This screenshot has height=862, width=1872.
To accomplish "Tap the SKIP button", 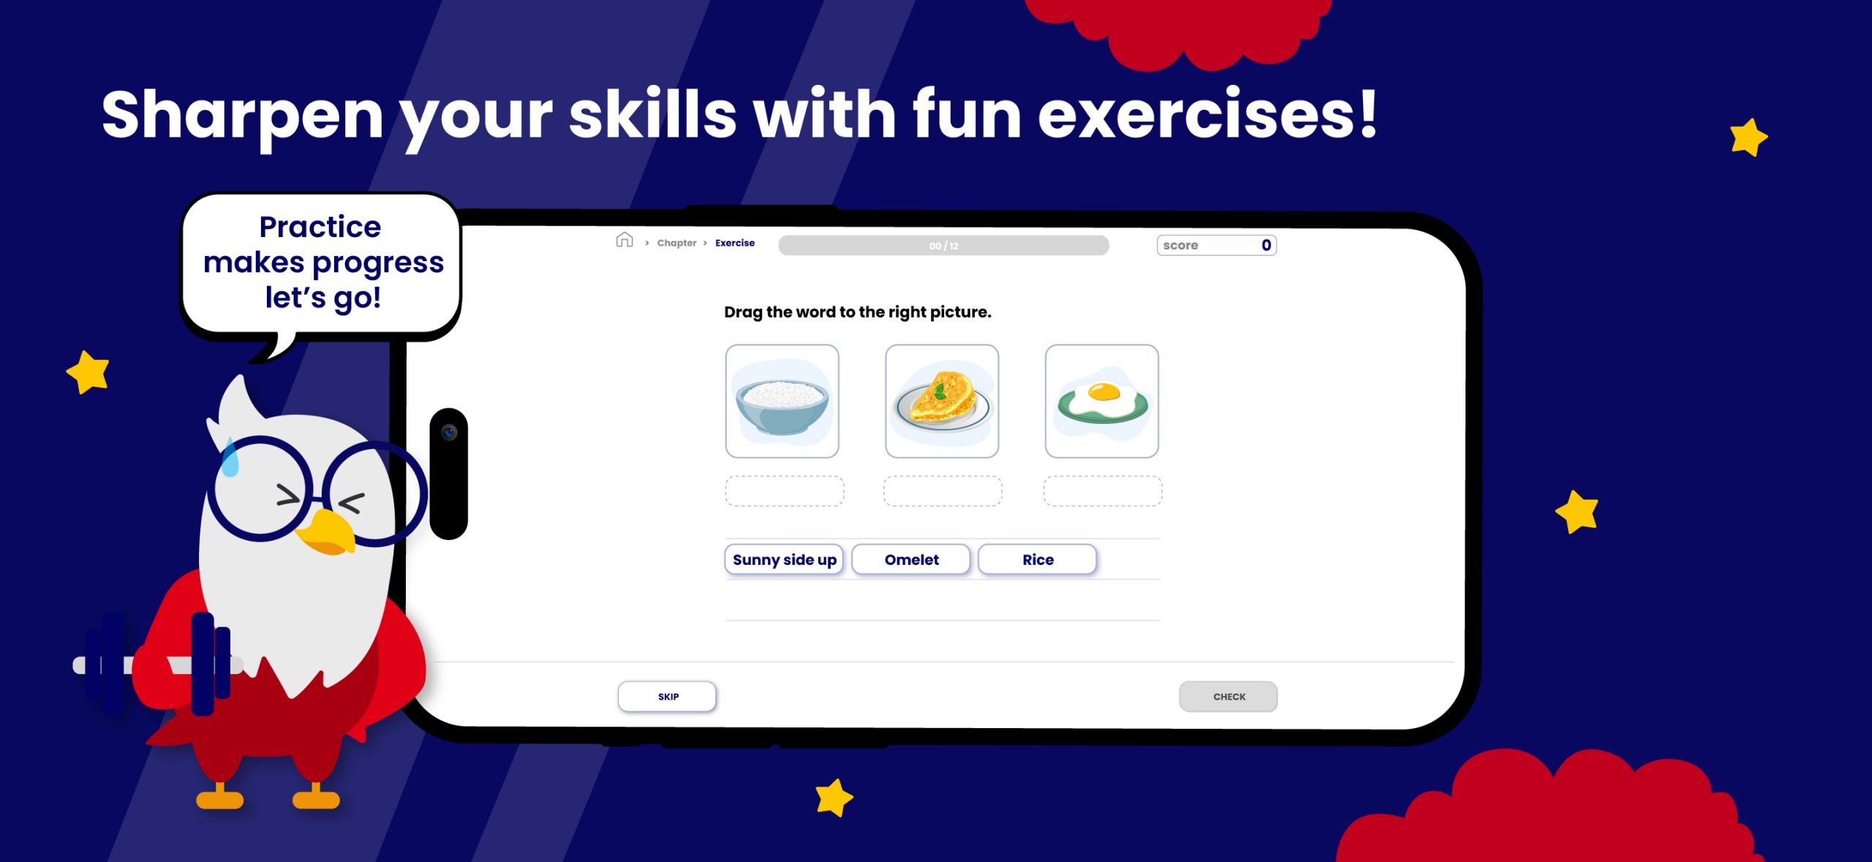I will coord(667,697).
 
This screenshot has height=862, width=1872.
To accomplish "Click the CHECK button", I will coord(1228,697).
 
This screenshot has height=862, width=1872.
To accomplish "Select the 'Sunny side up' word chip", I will coord(784,560).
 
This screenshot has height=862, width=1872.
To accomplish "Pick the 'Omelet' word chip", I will coord(911,560).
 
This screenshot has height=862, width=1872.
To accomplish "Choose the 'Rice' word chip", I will coord(1038,560).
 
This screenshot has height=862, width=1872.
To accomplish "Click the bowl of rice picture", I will coord(782,402).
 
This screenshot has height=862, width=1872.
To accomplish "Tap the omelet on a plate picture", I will coord(942,402).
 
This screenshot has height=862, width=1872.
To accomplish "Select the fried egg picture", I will coord(1102,402).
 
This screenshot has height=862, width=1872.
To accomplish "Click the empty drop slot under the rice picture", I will coord(784,491).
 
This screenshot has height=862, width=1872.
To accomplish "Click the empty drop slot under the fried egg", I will coord(1103,491).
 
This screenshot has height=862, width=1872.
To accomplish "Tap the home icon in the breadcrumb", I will coord(624,240).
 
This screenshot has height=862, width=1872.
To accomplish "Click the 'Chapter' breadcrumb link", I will coord(676,243).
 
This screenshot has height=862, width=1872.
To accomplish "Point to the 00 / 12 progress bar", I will coord(943,246).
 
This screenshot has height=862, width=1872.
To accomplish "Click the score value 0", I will coord(1267,245).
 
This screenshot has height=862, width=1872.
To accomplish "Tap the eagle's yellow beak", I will coord(326,533).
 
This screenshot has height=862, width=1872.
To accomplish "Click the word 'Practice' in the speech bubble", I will coord(320,227).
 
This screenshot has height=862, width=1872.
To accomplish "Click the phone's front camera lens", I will coord(449,432).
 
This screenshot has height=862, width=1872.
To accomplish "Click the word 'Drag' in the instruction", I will coord(743,312).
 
